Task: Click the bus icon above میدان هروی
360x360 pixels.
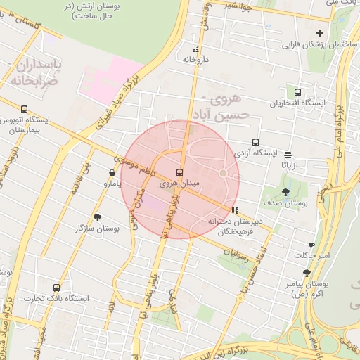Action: (x=179, y=172)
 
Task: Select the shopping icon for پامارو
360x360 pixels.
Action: (x=112, y=172)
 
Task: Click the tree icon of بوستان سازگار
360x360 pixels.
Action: (x=97, y=217)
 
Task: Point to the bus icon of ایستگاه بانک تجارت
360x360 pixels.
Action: (x=56, y=287)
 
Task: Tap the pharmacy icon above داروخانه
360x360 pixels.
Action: (x=195, y=49)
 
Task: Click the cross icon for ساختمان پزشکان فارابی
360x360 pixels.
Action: (x=320, y=33)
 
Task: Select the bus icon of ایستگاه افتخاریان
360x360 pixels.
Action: (x=297, y=92)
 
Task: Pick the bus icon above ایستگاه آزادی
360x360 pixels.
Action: (x=255, y=141)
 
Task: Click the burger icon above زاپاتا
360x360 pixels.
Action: (x=288, y=154)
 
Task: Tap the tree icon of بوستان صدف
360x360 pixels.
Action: (x=285, y=191)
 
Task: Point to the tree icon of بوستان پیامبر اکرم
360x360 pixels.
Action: (x=307, y=272)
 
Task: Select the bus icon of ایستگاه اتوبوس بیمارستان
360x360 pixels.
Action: (x=25, y=108)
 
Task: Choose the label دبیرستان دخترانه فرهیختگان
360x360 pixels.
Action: (x=236, y=226)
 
